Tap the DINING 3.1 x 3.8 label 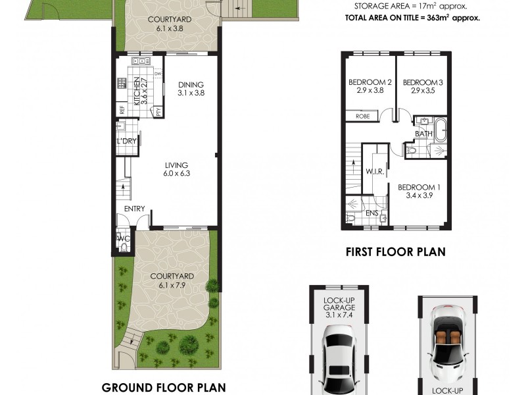point(191,89)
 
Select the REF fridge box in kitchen point(122,110)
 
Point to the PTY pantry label point(158,111)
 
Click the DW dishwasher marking point(158,74)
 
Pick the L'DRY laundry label point(126,141)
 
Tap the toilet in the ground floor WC point(124,248)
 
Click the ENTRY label point(135,209)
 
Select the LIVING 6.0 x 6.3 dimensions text point(177,173)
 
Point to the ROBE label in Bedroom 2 point(363,117)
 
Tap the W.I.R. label point(375,172)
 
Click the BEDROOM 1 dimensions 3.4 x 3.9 point(419,196)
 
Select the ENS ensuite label point(372,213)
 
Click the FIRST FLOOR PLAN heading point(396,252)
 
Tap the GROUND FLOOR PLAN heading point(164,388)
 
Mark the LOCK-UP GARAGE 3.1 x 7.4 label point(339,307)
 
